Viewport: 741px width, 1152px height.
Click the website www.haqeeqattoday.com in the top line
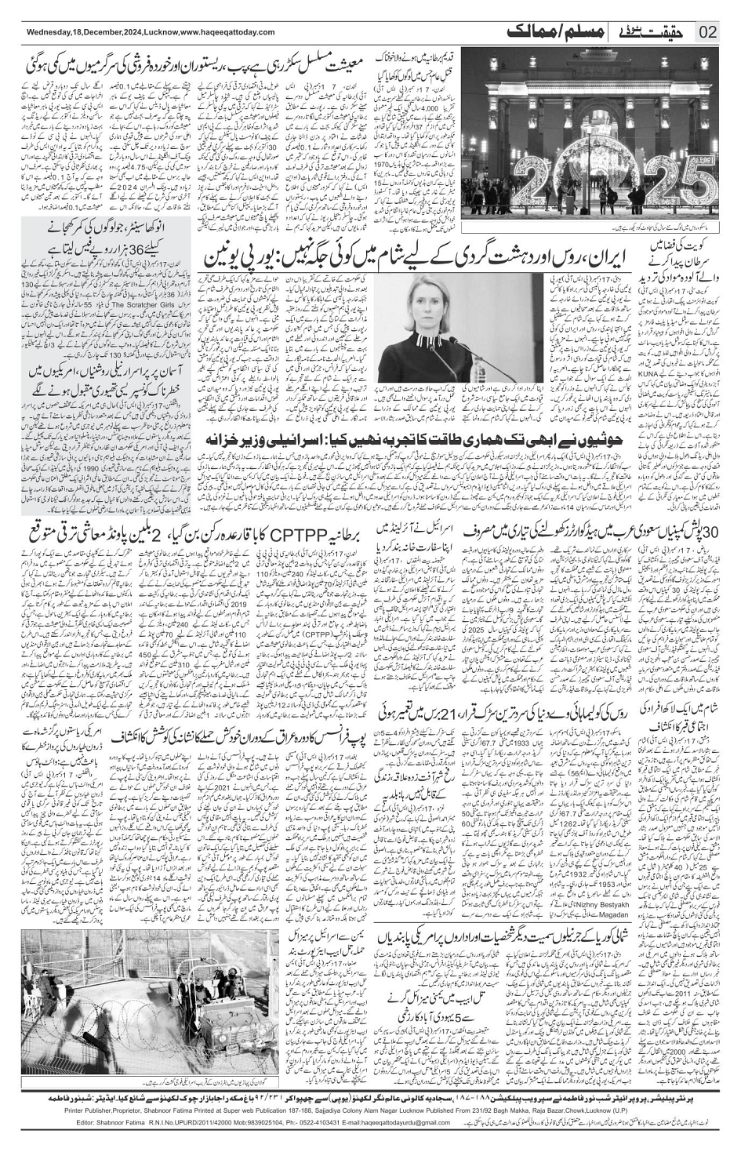pyautogui.click(x=220, y=32)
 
